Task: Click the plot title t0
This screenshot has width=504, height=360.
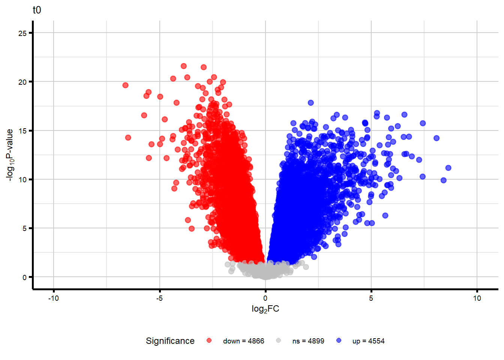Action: (37, 10)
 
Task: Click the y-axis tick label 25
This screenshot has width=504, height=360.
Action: (22, 33)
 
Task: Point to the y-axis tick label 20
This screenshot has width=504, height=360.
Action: (22, 82)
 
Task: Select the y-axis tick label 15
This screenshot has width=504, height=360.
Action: (22, 131)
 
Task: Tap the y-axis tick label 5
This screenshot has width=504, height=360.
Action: (24, 228)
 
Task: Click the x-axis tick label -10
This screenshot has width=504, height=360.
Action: (54, 298)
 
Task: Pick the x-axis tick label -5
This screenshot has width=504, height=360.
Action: (159, 298)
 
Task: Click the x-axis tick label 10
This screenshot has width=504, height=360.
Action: (477, 298)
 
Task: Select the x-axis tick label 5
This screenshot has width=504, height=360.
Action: (371, 298)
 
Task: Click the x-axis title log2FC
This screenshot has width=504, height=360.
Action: (265, 309)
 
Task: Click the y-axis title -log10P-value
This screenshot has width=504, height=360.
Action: (10, 155)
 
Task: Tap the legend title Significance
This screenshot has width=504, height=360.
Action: (170, 341)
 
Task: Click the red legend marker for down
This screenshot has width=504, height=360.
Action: (209, 340)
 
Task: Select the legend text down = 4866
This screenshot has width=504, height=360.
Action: (243, 341)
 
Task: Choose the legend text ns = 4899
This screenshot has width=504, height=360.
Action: (308, 341)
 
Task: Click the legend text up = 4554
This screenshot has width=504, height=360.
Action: (368, 341)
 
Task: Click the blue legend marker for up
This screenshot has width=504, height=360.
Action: (339, 340)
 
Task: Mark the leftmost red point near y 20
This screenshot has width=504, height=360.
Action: (125, 85)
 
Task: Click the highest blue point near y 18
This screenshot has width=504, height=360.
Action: (310, 103)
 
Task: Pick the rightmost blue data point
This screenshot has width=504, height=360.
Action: (448, 168)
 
